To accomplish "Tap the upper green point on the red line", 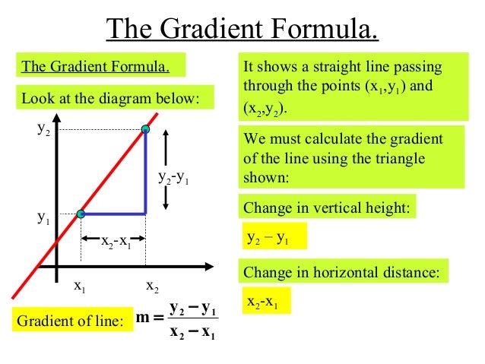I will click(146, 131).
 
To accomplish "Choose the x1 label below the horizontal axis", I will click(79, 286).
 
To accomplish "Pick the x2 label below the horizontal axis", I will click(152, 286).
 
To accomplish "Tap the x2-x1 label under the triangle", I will click(116, 243).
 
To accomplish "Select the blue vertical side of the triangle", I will click(146, 175).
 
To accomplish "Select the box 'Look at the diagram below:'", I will click(113, 98).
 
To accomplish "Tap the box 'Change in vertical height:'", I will click(328, 207).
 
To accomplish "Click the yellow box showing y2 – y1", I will click(273, 237).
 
